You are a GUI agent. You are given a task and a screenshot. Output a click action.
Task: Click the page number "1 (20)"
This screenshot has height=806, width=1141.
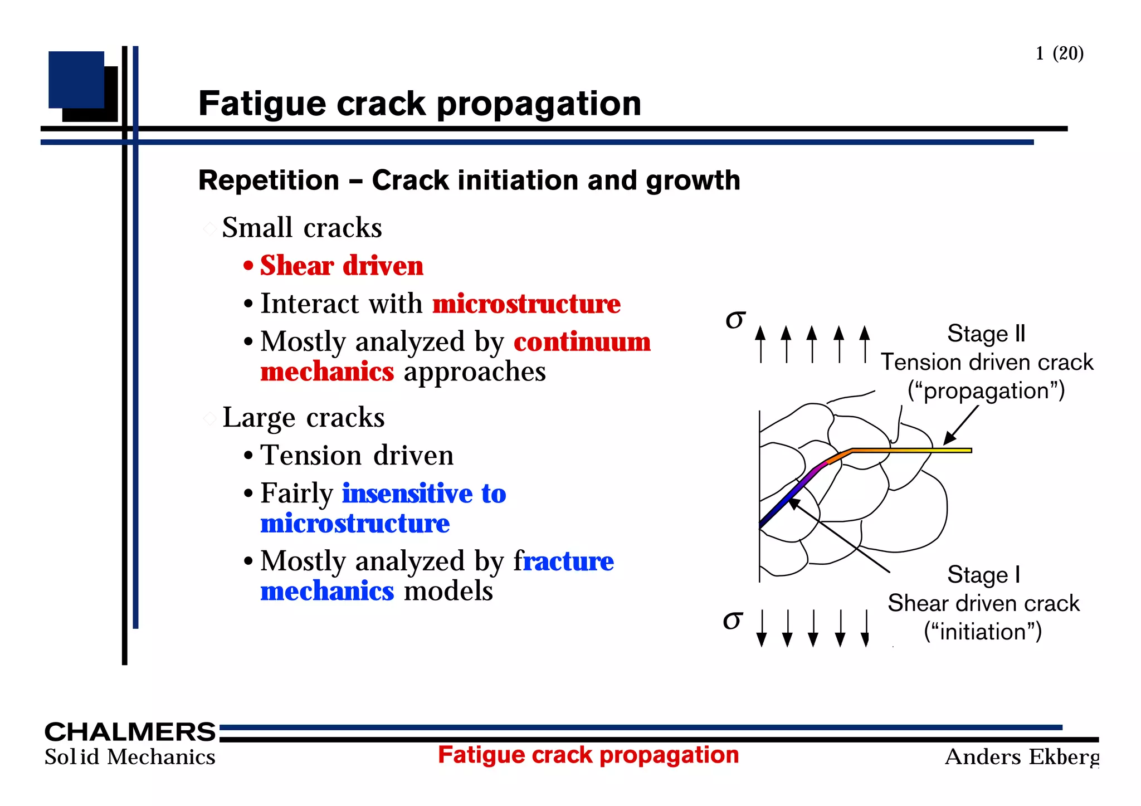click(1059, 53)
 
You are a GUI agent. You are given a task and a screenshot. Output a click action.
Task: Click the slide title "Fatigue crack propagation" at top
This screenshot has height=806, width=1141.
click(420, 104)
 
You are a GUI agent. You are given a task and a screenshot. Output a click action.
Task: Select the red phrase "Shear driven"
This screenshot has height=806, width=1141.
click(342, 266)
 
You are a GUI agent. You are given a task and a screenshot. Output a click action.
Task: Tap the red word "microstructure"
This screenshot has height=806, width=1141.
click(526, 304)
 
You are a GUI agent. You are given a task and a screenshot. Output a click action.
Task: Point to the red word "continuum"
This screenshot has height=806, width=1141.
click(582, 342)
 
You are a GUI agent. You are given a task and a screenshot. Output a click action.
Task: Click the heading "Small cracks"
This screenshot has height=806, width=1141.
click(301, 228)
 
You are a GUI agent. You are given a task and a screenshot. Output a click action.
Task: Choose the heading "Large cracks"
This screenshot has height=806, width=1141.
click(303, 418)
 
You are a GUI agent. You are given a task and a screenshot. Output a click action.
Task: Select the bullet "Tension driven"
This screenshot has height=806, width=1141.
click(357, 456)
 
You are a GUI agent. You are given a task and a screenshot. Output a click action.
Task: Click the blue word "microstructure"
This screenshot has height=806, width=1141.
click(355, 524)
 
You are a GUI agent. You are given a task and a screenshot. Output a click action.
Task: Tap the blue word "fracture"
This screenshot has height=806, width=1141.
click(563, 561)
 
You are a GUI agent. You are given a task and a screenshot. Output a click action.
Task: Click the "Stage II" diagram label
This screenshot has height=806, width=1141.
click(986, 334)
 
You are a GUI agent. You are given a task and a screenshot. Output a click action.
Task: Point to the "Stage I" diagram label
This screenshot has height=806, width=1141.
click(984, 575)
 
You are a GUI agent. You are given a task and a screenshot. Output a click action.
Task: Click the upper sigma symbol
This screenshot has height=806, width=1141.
click(735, 319)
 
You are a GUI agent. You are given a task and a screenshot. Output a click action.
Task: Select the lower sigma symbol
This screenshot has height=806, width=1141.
click(733, 619)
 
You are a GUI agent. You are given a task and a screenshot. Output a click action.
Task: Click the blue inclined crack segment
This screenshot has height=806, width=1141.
click(777, 507)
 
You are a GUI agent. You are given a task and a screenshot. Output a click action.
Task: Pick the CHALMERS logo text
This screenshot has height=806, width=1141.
click(130, 731)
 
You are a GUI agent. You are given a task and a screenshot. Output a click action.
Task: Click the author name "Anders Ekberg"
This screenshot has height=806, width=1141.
click(1022, 757)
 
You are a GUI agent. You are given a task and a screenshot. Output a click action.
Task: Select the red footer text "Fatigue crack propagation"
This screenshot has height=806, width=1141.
click(588, 755)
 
